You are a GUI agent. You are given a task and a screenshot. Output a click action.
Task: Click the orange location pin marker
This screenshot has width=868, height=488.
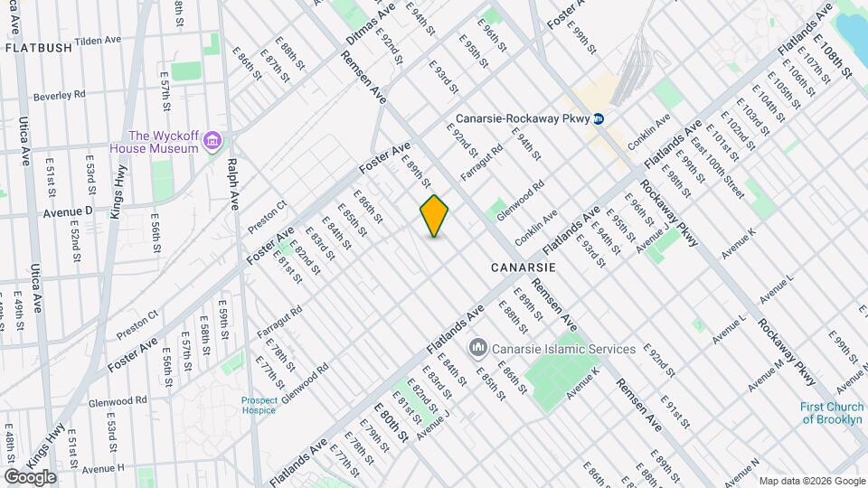435,215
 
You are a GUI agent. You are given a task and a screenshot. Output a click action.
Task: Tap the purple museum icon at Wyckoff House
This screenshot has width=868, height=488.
213,141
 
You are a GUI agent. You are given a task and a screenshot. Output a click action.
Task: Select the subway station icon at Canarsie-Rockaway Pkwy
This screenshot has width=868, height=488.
599,118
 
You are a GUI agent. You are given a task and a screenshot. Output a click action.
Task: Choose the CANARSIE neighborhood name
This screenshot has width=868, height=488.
523,268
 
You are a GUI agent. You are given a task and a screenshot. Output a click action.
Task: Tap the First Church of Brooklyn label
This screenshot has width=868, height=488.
833,413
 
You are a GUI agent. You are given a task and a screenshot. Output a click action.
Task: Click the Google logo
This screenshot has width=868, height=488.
30,476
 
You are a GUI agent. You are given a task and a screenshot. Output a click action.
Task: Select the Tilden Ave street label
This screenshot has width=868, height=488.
99,41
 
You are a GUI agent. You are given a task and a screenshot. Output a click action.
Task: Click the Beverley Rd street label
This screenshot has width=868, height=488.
59,94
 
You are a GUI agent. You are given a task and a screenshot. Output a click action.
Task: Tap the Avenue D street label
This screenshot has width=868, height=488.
69,211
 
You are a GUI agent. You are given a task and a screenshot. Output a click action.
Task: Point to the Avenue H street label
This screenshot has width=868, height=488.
102,468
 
